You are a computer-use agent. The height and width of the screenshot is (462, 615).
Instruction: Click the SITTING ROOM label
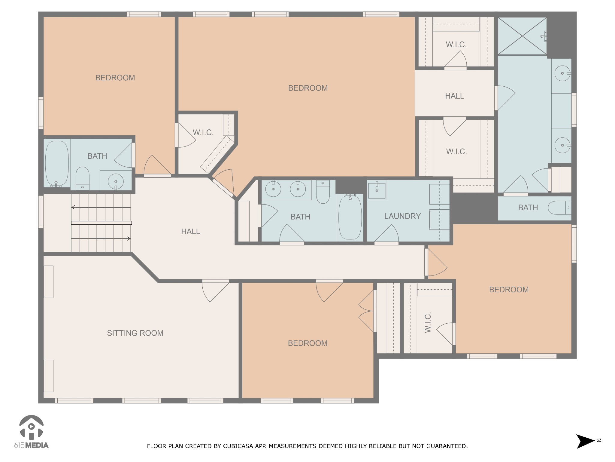pos(135,333)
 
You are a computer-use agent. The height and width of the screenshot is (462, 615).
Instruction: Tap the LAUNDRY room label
pos(402,216)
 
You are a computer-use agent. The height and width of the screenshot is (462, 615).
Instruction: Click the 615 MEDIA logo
pos(31,432)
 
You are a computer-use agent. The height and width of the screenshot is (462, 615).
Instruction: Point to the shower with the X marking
pos(522,36)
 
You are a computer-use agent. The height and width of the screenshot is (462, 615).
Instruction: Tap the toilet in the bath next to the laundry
pos(323,192)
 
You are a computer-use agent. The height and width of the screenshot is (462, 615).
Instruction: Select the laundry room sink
pos(377,190)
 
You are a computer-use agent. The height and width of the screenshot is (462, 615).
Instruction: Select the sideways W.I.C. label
pos(428,322)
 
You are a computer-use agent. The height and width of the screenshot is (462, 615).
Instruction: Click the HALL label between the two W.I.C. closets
pos(454,96)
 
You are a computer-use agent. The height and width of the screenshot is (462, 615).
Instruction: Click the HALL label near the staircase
pos(190,231)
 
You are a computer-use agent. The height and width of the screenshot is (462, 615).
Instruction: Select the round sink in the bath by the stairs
pos(116,181)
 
